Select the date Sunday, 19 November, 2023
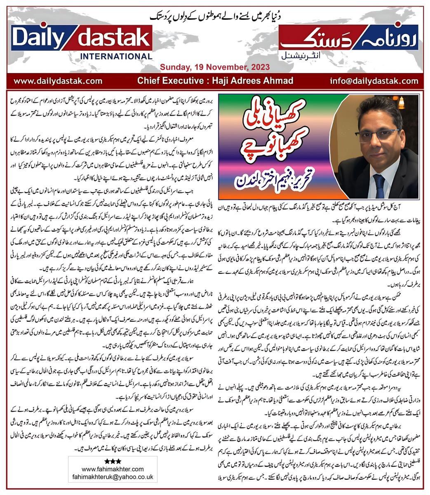click(215, 67)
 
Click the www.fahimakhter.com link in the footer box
click(113, 469)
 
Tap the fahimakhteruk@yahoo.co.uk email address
click(113, 476)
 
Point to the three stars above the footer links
click(113, 461)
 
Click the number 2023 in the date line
click(260, 67)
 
